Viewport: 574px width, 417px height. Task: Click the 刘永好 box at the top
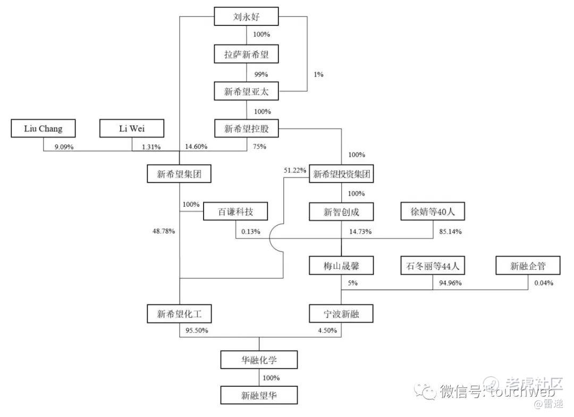pos(247,16)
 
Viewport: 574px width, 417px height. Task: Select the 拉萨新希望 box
pos(247,54)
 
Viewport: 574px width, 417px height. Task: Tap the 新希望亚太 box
pos(247,91)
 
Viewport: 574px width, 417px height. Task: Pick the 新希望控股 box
pos(247,128)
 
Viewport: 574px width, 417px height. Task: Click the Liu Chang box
pos(43,128)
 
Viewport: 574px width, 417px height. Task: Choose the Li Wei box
pos(132,128)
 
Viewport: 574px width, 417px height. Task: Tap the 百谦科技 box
pos(235,212)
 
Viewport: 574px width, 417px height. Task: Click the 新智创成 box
pos(341,212)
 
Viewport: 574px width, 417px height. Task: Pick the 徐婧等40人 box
pos(433,212)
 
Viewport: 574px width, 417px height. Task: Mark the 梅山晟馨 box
pos(341,265)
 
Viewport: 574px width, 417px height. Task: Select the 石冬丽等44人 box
pos(433,265)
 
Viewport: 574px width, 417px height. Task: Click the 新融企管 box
pos(528,265)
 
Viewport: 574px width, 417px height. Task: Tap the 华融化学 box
pos(259,360)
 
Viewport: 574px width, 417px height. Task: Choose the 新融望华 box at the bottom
pos(259,395)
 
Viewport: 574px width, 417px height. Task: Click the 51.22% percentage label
pos(296,170)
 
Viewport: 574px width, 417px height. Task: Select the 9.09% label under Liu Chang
pos(63,147)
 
